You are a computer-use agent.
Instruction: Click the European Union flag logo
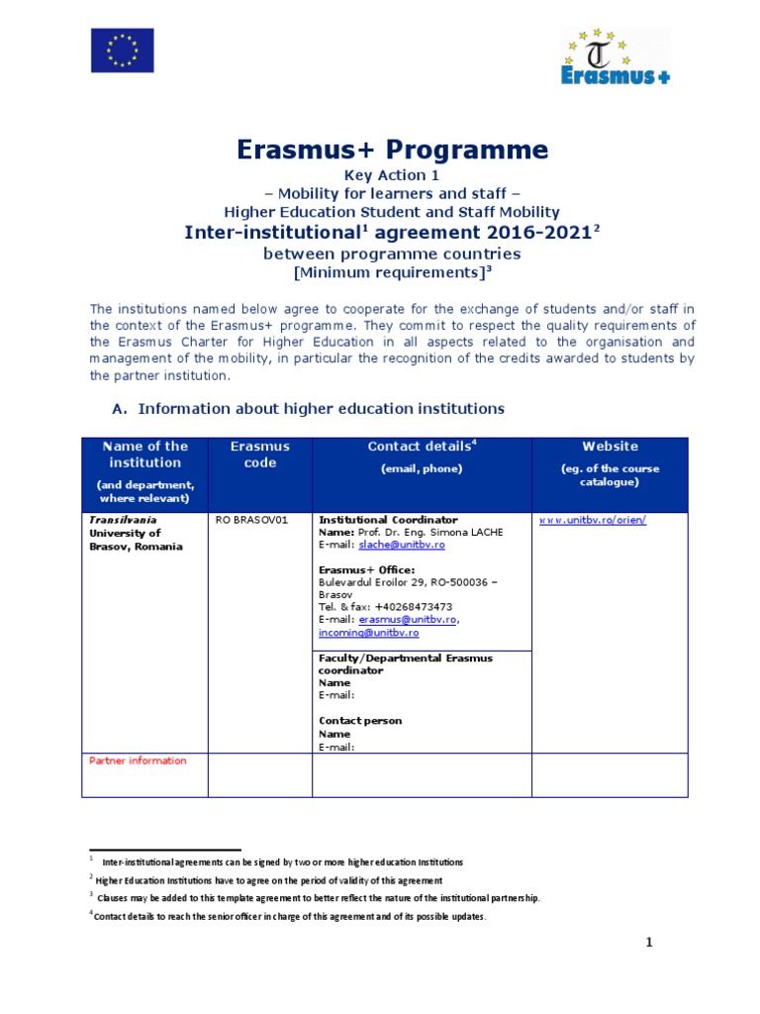pyautogui.click(x=123, y=50)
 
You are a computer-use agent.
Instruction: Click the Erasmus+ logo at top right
pyautogui.click(x=616, y=56)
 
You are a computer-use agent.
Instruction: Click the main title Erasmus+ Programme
pyautogui.click(x=392, y=150)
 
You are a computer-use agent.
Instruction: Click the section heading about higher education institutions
pyautogui.click(x=321, y=408)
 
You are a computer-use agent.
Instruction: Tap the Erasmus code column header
pyautogui.click(x=259, y=455)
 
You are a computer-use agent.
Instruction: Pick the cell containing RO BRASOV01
pyautogui.click(x=252, y=520)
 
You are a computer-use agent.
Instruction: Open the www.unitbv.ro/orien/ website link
pyautogui.click(x=592, y=520)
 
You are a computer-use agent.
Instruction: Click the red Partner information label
pyautogui.click(x=138, y=760)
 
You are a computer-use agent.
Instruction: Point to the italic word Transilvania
pyautogui.click(x=123, y=520)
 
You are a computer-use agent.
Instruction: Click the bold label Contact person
pyautogui.click(x=360, y=721)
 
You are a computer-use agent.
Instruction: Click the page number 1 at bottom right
pyautogui.click(x=649, y=944)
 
